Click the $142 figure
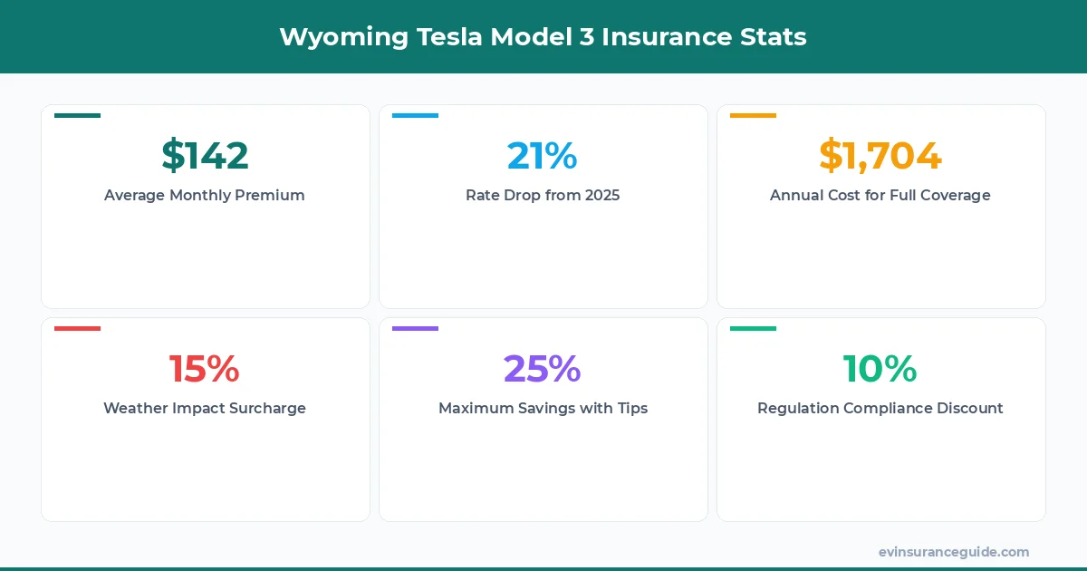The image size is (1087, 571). (205, 156)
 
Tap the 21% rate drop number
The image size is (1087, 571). (542, 156)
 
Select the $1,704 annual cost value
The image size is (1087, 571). (880, 156)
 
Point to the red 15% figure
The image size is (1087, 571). (205, 369)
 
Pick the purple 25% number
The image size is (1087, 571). (542, 369)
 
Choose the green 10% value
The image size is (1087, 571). (880, 369)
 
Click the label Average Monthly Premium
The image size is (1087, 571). (205, 195)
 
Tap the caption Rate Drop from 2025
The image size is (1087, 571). (543, 195)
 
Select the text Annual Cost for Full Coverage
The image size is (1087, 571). (880, 195)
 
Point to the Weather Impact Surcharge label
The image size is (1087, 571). (205, 408)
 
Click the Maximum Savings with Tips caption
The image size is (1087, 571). (543, 408)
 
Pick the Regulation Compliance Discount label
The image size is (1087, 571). (880, 408)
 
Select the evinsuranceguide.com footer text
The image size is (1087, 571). (954, 552)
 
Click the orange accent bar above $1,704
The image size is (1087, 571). (753, 116)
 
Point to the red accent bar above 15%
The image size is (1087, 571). (77, 329)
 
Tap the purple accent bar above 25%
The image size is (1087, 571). (415, 329)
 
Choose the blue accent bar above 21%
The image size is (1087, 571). (415, 116)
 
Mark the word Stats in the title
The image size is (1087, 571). (776, 36)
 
